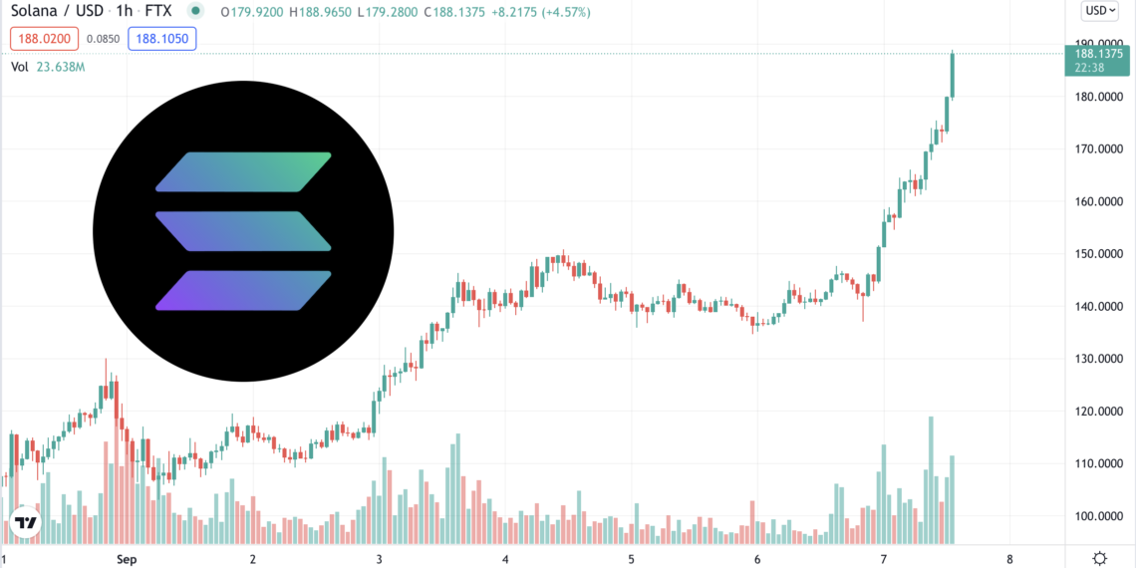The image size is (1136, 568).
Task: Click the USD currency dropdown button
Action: (x=1099, y=11)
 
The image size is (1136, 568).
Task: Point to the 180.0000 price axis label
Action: (x=1099, y=97)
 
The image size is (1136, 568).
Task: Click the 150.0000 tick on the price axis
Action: (x=1099, y=254)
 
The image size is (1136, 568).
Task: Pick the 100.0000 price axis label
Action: (x=1099, y=516)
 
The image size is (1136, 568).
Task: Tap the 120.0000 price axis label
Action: (x=1099, y=412)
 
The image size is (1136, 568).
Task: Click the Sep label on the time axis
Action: (x=127, y=559)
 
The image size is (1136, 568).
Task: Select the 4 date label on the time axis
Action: (x=505, y=559)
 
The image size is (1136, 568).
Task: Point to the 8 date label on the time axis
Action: (x=1009, y=559)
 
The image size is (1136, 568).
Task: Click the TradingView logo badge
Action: (x=25, y=523)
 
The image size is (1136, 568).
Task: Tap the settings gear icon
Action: (x=1099, y=558)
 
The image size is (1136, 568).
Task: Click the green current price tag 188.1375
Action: (x=1099, y=61)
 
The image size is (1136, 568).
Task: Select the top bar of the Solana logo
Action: (x=243, y=171)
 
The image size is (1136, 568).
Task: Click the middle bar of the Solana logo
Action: (x=243, y=230)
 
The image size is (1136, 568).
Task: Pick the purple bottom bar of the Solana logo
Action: (x=243, y=290)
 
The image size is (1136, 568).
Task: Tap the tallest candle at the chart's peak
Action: (x=953, y=75)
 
